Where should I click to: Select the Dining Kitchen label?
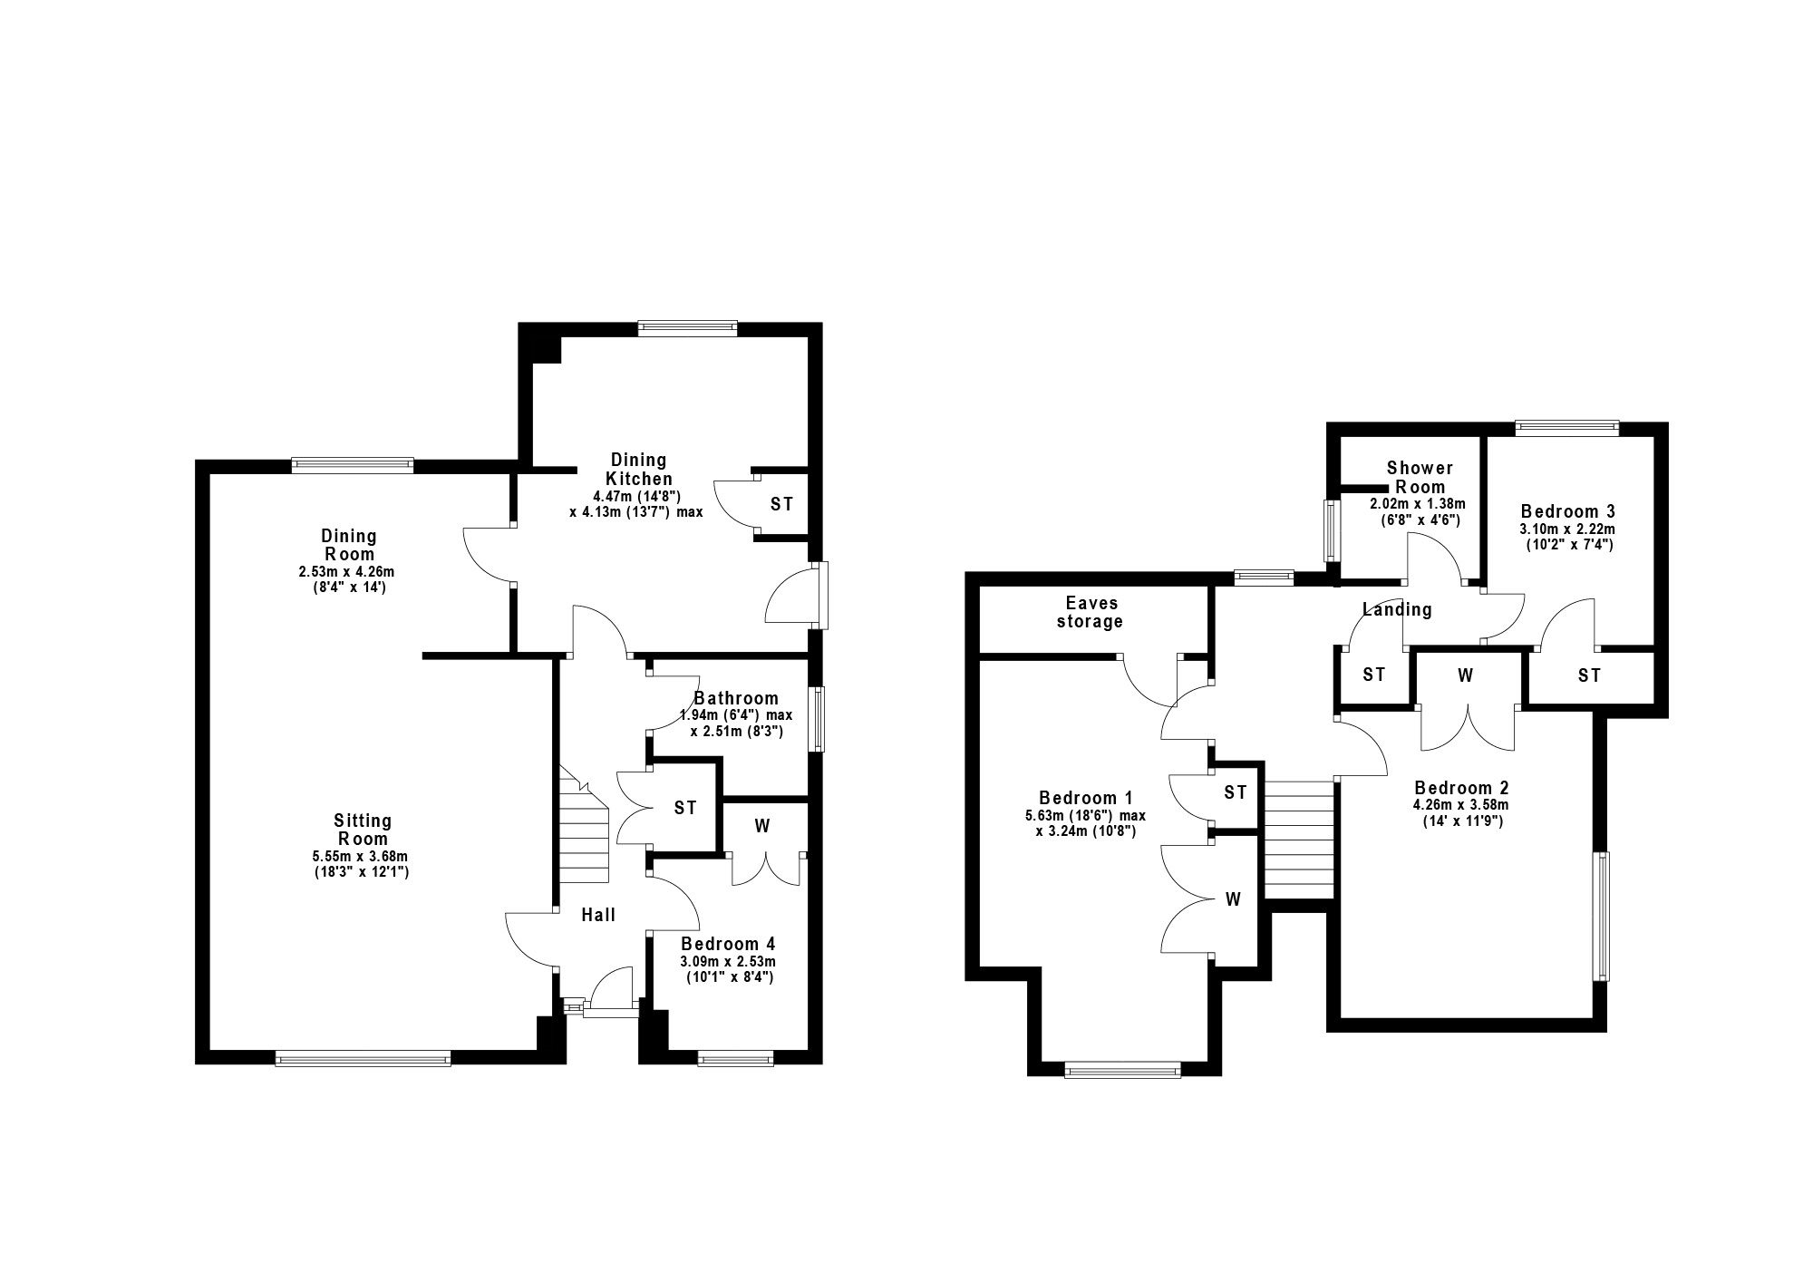pyautogui.click(x=639, y=470)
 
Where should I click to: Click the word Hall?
pyautogui.click(x=598, y=915)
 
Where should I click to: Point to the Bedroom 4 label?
pyautogui.click(x=728, y=944)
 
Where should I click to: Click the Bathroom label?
pyautogui.click(x=735, y=698)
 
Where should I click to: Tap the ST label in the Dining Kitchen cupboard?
pyautogui.click(x=781, y=504)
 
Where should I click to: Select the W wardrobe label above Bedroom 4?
pyautogui.click(x=762, y=826)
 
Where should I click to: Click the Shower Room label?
pyautogui.click(x=1420, y=477)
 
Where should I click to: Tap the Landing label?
pyautogui.click(x=1397, y=609)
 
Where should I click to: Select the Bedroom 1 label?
pyautogui.click(x=1086, y=798)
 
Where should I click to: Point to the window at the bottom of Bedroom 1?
pyautogui.click(x=1123, y=1070)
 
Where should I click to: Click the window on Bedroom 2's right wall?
pyautogui.click(x=1603, y=916)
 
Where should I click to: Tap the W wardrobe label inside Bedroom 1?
pyautogui.click(x=1233, y=899)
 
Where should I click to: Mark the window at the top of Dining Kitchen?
pyautogui.click(x=687, y=329)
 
